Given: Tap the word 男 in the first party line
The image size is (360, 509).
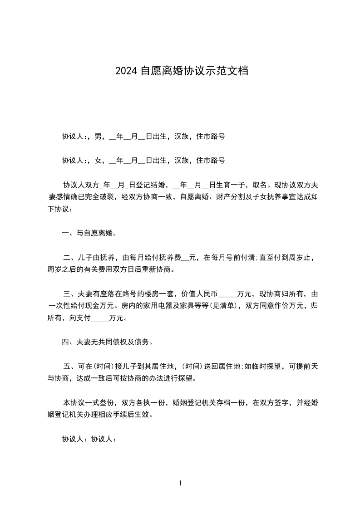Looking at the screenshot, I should [x=98, y=136].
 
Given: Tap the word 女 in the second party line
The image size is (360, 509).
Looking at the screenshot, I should [x=98, y=160].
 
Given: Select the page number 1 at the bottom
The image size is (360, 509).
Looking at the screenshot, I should [x=180, y=483].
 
